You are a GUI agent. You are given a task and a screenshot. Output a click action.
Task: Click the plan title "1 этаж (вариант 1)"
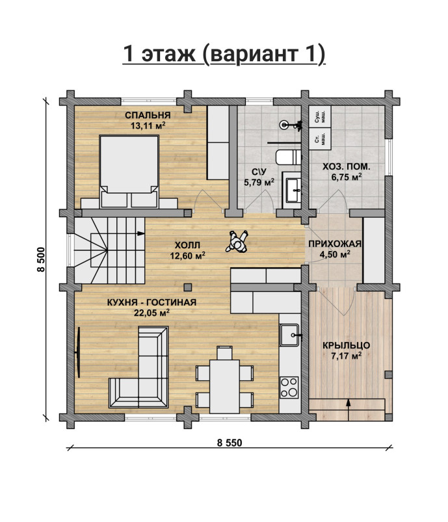tap(224, 53)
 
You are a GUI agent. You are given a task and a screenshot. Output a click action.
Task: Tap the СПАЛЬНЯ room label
tap(148, 115)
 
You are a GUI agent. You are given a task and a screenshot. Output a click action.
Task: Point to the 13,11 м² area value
tap(148, 125)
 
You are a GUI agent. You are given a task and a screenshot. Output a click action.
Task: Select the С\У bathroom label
tap(259, 172)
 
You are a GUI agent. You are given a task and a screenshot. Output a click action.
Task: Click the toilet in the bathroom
tap(289, 157)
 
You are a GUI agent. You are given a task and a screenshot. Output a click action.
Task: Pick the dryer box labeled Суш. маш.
tap(320, 116)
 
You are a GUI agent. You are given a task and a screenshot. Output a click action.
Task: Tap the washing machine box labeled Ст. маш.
tap(320, 139)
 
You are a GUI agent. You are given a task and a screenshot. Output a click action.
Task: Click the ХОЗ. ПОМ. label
tap(346, 166)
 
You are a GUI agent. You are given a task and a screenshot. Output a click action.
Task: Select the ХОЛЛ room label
tap(187, 245)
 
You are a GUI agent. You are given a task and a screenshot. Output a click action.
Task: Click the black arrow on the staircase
tap(140, 233)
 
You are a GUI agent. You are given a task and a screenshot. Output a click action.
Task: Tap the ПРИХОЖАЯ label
tap(335, 244)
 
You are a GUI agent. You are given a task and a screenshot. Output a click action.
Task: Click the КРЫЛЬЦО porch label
tap(346, 346)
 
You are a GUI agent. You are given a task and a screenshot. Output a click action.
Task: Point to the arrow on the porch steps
tap(349, 410)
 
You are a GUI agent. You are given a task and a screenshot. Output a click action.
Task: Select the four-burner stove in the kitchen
tap(289, 387)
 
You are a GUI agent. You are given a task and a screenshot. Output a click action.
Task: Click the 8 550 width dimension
tap(230, 443)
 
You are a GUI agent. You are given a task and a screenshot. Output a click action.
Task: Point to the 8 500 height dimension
tap(40, 259)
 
